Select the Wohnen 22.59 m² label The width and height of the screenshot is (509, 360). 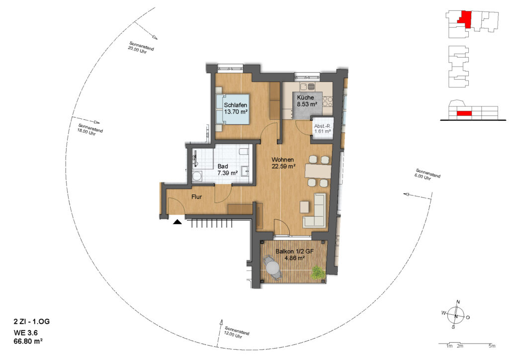(283, 163)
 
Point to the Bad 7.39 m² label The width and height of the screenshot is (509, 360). (227, 170)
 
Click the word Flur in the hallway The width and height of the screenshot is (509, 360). (196, 197)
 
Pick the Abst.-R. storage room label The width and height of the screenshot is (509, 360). (322, 129)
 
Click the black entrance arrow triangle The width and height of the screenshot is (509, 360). (177, 222)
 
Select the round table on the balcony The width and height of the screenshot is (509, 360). (273, 268)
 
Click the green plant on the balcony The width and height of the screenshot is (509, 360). (318, 272)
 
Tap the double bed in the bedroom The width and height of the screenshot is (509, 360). (233, 109)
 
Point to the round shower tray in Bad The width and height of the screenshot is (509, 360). (197, 177)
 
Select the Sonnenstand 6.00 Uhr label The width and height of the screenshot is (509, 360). (427, 175)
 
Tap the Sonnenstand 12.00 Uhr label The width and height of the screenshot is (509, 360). (236, 333)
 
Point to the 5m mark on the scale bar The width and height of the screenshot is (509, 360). (492, 346)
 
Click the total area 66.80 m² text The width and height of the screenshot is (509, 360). (28, 341)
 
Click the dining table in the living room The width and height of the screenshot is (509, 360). (318, 171)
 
